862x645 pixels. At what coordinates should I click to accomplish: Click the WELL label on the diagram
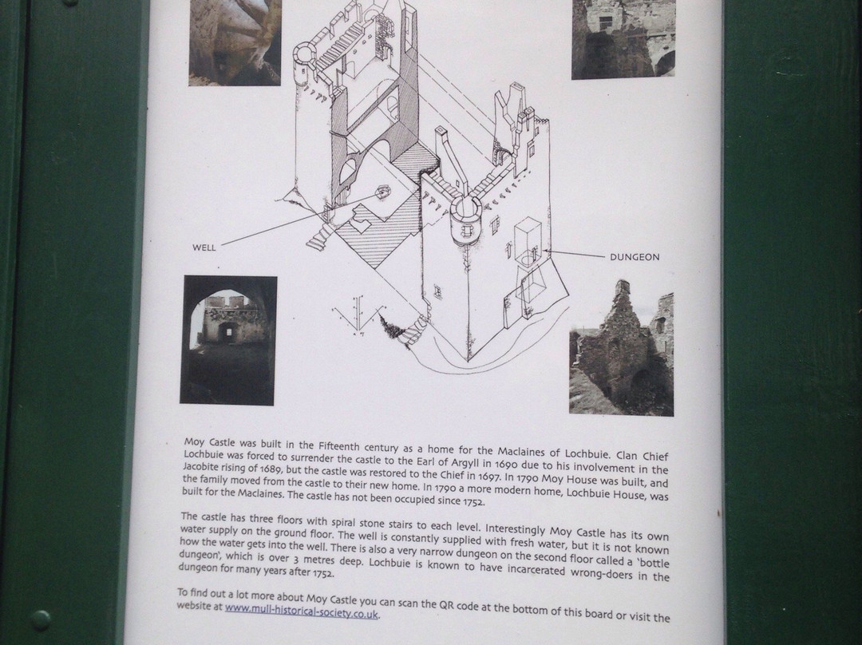pos(204,247)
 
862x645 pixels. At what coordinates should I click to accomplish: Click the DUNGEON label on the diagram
pos(635,257)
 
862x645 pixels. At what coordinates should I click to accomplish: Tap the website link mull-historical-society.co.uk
pos(301,611)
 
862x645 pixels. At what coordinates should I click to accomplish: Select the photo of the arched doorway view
pos(228,340)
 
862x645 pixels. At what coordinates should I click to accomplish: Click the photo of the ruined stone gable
pos(621,348)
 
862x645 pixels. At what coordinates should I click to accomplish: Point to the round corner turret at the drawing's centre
pos(465,222)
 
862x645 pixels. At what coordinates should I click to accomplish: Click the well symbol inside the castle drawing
pos(382,192)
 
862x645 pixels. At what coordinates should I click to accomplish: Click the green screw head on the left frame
pos(41,620)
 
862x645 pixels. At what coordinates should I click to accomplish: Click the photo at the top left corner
pos(235,42)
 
